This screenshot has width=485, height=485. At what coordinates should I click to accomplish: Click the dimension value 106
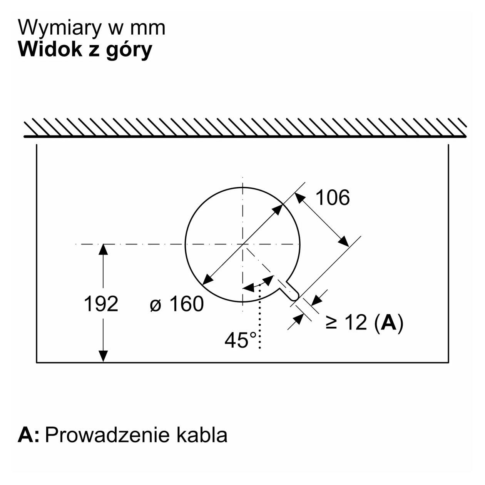tap(333, 198)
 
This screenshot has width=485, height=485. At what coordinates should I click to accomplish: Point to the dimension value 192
tap(101, 304)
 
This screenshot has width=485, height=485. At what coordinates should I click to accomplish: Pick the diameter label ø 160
tap(177, 304)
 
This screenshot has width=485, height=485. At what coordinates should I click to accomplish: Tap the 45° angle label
tap(241, 341)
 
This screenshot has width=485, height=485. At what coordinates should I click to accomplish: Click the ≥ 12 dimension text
tap(346, 323)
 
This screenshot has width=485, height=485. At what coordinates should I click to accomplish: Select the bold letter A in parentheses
tap(389, 323)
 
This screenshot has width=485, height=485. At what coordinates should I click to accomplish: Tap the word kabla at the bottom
tap(202, 435)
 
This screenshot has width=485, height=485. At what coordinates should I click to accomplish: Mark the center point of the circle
tap(242, 244)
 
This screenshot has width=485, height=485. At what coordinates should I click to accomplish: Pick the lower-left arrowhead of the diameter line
tap(208, 279)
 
